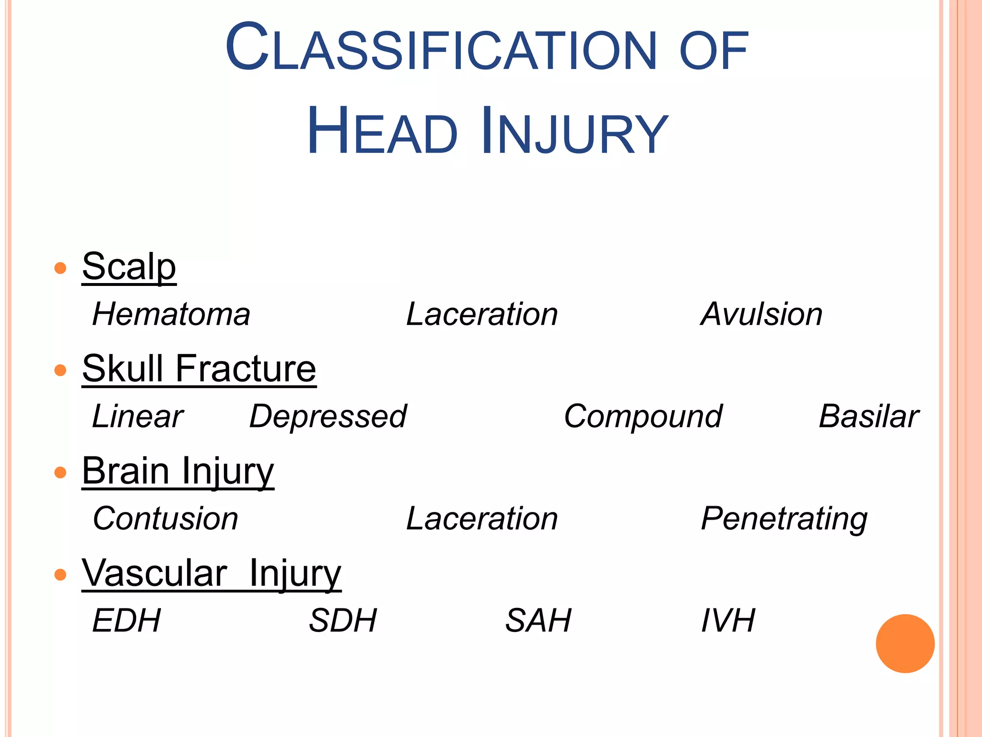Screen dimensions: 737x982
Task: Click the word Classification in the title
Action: click(x=440, y=48)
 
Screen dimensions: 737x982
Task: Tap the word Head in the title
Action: click(x=382, y=131)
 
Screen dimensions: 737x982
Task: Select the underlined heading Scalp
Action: click(x=129, y=267)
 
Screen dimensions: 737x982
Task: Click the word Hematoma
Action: click(x=171, y=314)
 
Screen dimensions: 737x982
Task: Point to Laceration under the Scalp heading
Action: click(x=482, y=314)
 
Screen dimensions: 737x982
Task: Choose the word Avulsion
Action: click(x=761, y=314)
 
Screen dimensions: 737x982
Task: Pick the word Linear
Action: click(x=138, y=416)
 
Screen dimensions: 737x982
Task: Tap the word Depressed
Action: click(x=328, y=416)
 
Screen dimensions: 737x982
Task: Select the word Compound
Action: click(x=643, y=416)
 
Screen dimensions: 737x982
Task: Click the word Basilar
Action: click(x=868, y=416)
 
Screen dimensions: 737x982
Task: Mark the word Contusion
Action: click(x=165, y=519)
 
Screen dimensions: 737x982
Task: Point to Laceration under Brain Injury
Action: click(x=482, y=519)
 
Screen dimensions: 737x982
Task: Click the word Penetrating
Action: click(x=784, y=519)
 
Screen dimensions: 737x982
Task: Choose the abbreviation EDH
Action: click(x=127, y=621)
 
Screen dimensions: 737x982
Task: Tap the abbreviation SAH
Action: click(x=538, y=621)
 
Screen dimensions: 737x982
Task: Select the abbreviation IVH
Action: click(x=728, y=621)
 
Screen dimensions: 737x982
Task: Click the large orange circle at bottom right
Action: click(x=905, y=643)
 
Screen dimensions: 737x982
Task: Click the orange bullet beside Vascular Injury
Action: click(x=60, y=574)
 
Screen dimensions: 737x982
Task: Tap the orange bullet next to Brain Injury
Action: click(x=60, y=473)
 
